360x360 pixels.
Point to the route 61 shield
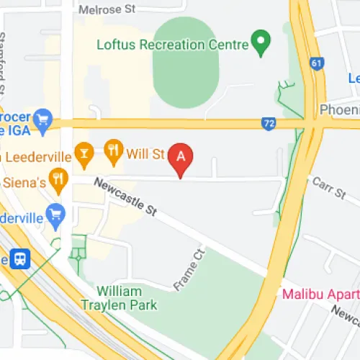coord(315,64)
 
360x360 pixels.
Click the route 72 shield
coord(269,124)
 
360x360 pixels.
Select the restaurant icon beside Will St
coord(113,151)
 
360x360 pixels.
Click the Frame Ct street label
coord(190,271)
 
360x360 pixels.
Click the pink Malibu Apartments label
coord(320,294)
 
